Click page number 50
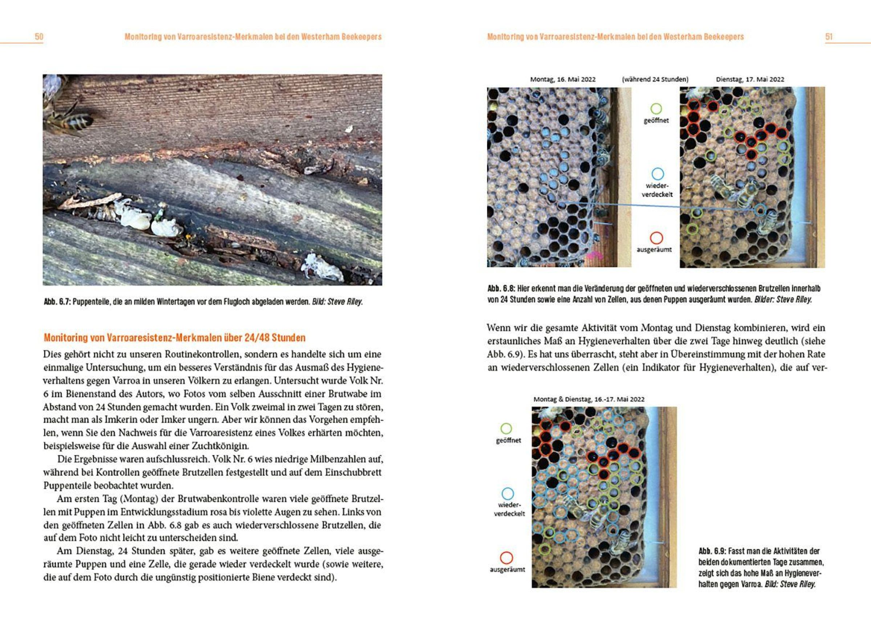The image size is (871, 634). [39, 37]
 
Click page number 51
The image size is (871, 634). [829, 37]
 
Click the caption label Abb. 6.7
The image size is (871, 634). [57, 302]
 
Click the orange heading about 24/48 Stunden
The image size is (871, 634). [174, 338]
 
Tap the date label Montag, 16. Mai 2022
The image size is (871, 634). [563, 80]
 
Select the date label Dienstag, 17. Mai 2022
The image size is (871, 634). [750, 80]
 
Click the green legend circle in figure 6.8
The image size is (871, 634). [656, 108]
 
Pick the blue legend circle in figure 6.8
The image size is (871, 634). [658, 174]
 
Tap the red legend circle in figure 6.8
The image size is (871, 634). [656, 238]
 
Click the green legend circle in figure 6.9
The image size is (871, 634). [506, 428]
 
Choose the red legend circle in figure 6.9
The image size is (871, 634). [506, 558]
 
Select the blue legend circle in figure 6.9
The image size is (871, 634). [508, 493]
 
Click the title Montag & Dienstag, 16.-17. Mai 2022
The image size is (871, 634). [589, 399]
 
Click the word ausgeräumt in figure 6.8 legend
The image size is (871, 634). [654, 250]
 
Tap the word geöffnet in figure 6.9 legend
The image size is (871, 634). [508, 441]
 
